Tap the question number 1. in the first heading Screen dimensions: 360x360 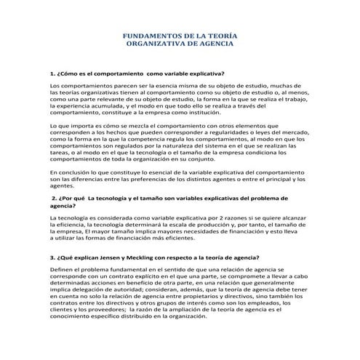click(x=52, y=74)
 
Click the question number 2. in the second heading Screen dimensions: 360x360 click(x=55, y=198)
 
